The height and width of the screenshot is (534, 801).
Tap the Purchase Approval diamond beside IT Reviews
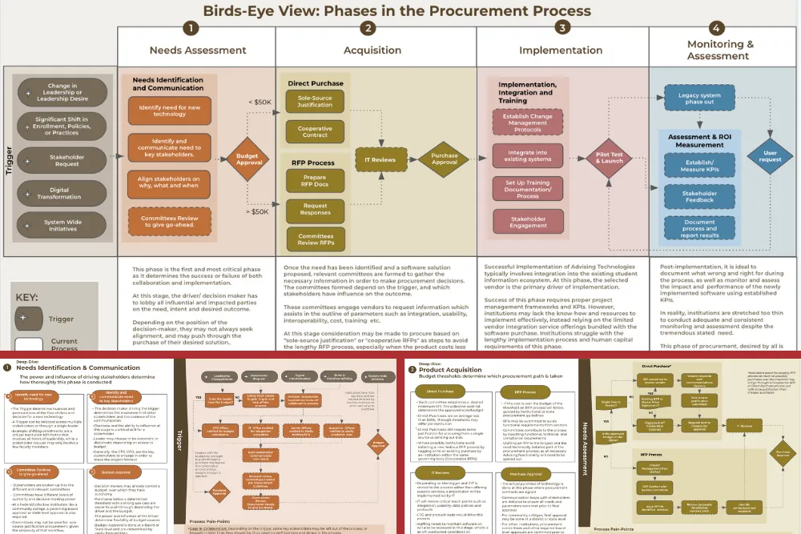[x=444, y=159]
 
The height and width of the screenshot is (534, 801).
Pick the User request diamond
[x=770, y=155]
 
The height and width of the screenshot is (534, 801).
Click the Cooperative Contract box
[x=315, y=131]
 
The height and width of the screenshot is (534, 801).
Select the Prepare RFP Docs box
[x=315, y=182]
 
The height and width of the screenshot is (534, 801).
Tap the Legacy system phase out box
[x=699, y=98]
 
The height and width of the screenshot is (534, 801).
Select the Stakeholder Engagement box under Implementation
[x=528, y=222]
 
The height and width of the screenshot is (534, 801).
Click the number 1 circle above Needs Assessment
[x=190, y=28]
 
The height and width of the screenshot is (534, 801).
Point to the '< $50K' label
[x=260, y=102]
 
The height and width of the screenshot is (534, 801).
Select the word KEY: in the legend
[x=31, y=295]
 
